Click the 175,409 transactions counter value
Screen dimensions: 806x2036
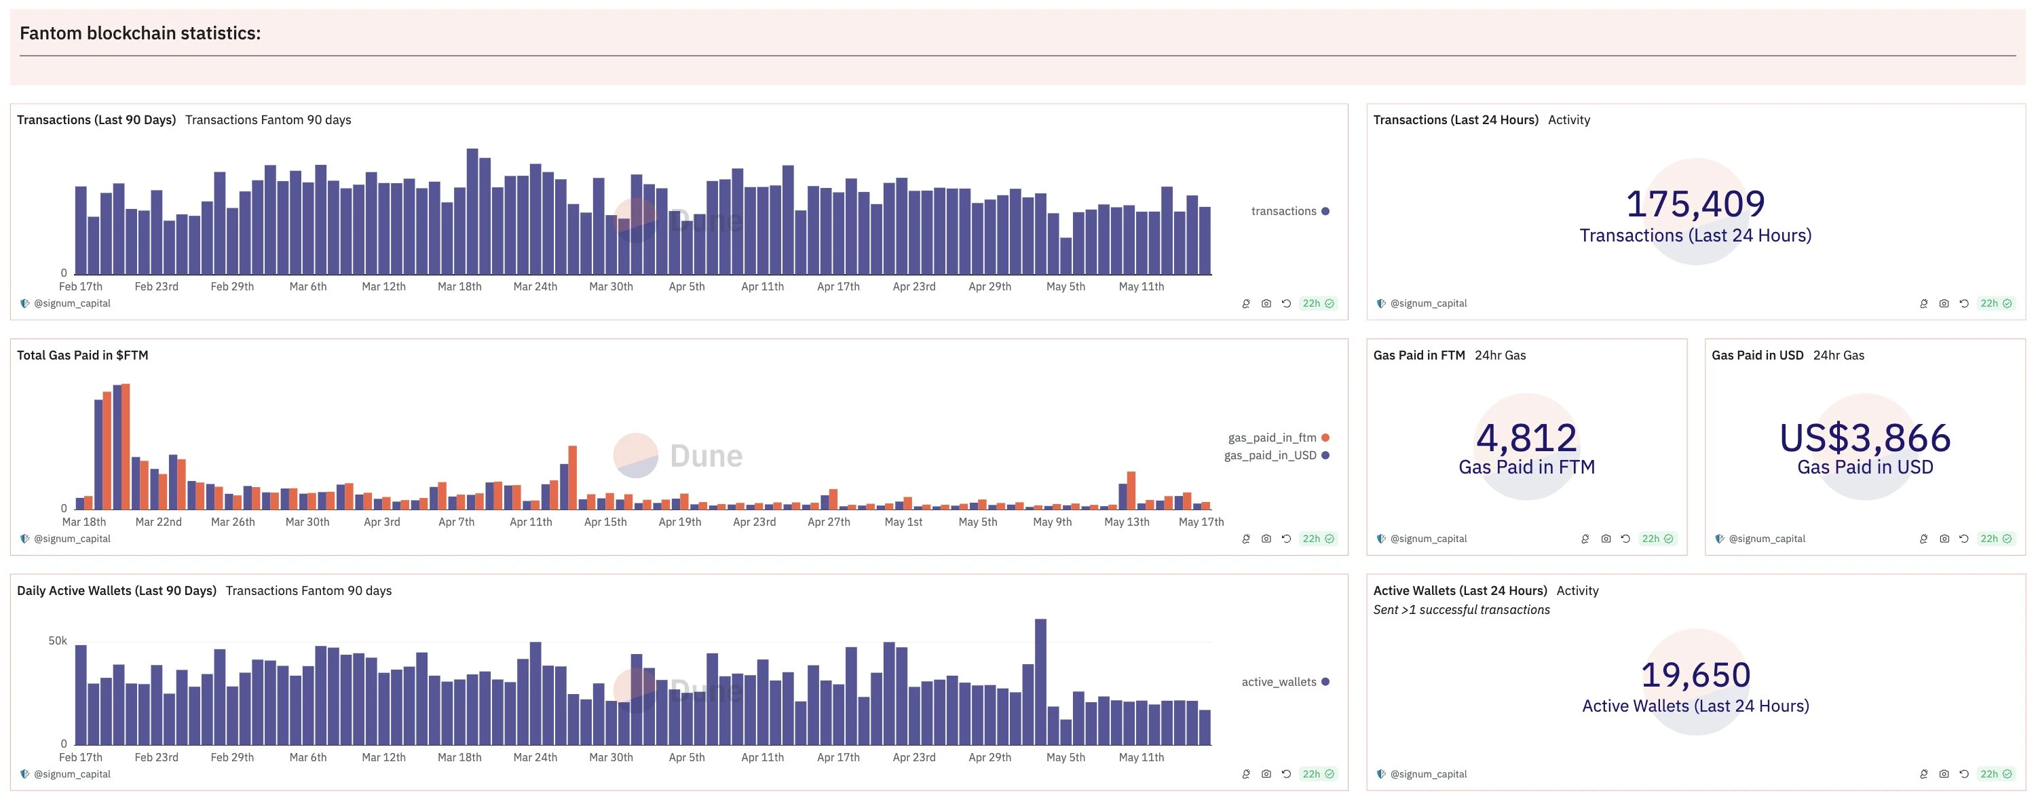1695,204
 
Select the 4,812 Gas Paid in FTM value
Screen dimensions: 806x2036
1526,438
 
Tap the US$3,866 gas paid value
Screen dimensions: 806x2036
1864,438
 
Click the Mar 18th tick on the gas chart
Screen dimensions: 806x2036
83,522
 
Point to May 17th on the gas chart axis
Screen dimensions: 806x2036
1201,522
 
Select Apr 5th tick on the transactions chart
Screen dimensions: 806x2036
686,287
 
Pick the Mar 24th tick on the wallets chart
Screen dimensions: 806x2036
535,758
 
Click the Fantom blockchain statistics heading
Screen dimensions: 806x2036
140,33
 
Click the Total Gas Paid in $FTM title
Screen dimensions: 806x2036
82,356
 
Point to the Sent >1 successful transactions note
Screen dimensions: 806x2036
1460,610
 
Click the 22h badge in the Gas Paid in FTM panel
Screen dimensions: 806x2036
1657,539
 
